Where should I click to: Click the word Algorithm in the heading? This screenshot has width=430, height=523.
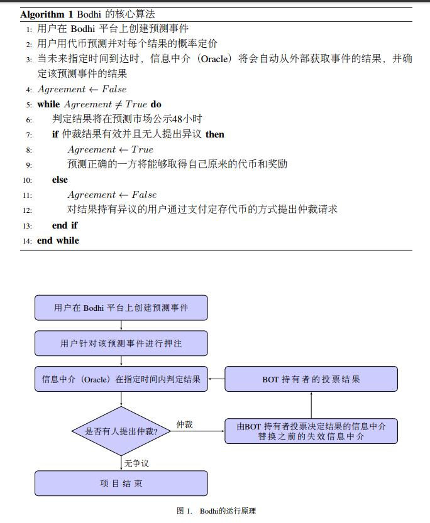42,14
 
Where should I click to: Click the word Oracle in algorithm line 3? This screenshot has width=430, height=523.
214,59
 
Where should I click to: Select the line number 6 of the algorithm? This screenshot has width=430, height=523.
30,120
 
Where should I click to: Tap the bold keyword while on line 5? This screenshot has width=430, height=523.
48,104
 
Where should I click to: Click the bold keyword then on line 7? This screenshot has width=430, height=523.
214,134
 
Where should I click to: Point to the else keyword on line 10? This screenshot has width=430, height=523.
60,180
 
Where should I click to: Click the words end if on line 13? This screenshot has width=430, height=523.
65,225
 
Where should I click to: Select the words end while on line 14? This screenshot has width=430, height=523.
58,240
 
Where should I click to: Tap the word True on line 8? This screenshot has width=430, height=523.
142,149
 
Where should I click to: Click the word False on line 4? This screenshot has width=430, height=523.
114,89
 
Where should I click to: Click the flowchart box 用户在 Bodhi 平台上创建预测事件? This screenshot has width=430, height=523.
121,308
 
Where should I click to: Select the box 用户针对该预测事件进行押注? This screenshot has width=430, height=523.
121,343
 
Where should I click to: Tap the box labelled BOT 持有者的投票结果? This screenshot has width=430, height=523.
311,379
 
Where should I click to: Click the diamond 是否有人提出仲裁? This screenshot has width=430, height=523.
121,431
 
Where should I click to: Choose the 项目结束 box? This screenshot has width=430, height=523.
121,483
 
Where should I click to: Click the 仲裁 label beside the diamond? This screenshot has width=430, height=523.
185,424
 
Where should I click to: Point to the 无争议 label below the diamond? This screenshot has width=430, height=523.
136,463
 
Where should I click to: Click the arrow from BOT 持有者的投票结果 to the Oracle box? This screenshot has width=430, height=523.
216,379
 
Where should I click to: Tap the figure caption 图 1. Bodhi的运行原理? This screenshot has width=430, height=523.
216,510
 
